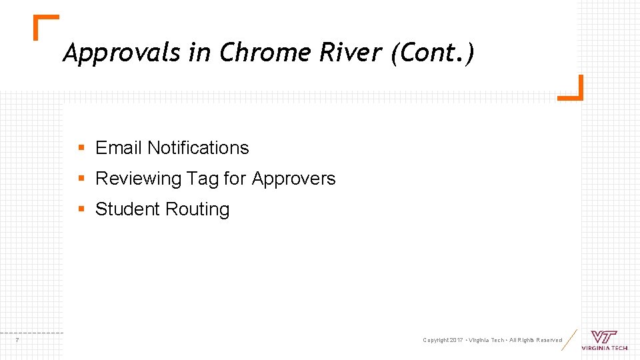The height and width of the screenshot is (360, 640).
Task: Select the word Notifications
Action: pos(198,148)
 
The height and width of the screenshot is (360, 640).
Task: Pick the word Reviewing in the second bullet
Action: pos(139,179)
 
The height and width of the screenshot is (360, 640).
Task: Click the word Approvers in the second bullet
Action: pos(294,179)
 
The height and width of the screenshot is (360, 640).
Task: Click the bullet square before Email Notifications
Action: pos(81,148)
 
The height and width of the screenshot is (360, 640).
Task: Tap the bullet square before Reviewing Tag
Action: pos(81,179)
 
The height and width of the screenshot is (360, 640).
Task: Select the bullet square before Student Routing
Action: pos(81,209)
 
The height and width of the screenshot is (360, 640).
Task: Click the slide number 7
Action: pos(17,341)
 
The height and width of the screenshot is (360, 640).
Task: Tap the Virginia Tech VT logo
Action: pos(604,338)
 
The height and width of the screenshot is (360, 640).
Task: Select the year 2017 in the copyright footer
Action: pos(456,341)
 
